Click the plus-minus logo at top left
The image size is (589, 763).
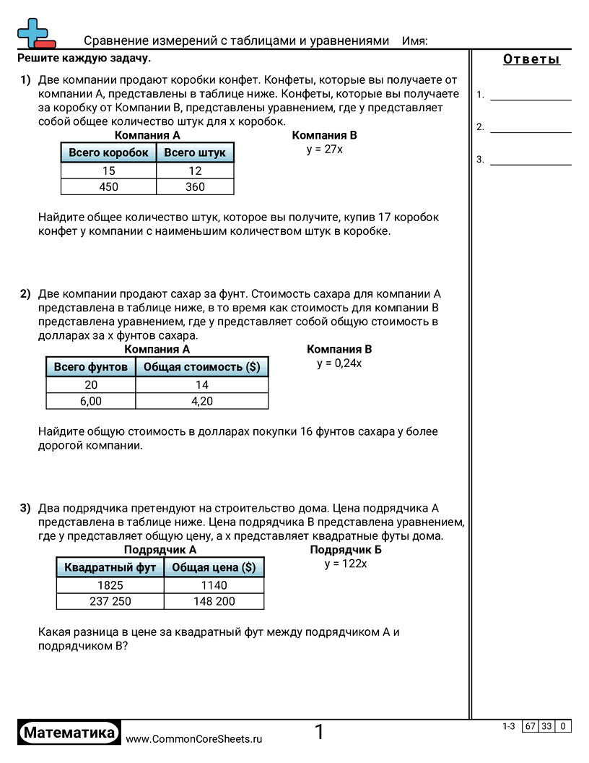pos(35,33)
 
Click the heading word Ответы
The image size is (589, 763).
pos(531,60)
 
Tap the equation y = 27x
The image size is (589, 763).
pos(325,150)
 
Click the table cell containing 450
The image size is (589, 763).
pos(108,187)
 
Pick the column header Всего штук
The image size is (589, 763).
pos(195,152)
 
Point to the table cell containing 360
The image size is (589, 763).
pos(195,187)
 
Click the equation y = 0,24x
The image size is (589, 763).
pos(339,363)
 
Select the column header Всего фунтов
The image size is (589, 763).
pos(91,367)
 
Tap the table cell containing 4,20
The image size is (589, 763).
pos(202,402)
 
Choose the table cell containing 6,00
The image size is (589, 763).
pos(91,402)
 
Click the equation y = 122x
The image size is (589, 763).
pos(346,564)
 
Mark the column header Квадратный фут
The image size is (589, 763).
pos(110,567)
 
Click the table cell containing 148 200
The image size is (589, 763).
pos(214,601)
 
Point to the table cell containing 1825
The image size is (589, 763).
pos(110,585)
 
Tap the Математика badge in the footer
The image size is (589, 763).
pos(69,733)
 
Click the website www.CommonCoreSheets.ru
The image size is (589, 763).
pos(194,739)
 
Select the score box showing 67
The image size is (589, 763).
pos(530,727)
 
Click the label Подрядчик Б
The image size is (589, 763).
pos(346,550)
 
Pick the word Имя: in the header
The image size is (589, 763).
pos(414,41)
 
